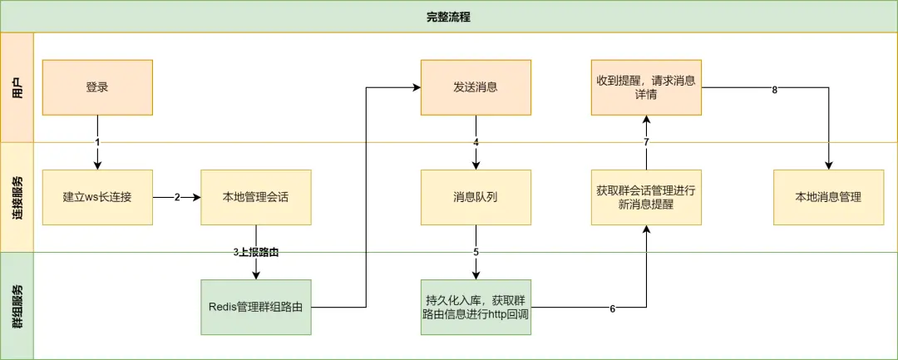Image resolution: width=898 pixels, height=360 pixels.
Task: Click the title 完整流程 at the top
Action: click(x=448, y=17)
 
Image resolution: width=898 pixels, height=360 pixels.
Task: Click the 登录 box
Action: click(x=97, y=87)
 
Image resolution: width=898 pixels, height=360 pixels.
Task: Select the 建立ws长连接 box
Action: click(x=97, y=197)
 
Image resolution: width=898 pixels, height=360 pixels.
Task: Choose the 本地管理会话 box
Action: click(x=256, y=197)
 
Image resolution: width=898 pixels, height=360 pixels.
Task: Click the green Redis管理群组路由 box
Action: click(x=256, y=307)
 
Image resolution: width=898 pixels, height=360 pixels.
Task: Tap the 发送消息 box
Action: click(x=476, y=87)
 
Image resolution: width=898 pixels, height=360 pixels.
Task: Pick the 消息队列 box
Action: click(x=476, y=197)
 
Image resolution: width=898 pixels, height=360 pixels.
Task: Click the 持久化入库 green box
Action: click(x=476, y=307)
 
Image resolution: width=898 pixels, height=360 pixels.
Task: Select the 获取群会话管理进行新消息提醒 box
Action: click(x=646, y=197)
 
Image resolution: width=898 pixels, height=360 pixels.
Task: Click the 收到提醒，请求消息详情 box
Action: click(x=646, y=87)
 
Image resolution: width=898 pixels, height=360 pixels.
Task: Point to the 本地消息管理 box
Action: click(x=827, y=197)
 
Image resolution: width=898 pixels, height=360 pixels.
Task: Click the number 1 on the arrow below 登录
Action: click(x=97, y=142)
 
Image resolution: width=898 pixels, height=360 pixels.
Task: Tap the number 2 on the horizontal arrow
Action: click(x=177, y=198)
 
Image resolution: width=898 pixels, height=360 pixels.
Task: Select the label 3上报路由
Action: click(x=256, y=251)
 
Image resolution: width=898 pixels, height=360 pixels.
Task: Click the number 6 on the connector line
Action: click(x=613, y=308)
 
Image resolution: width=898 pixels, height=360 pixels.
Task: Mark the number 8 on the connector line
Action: click(x=774, y=90)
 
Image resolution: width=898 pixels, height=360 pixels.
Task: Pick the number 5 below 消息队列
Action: click(x=476, y=252)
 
